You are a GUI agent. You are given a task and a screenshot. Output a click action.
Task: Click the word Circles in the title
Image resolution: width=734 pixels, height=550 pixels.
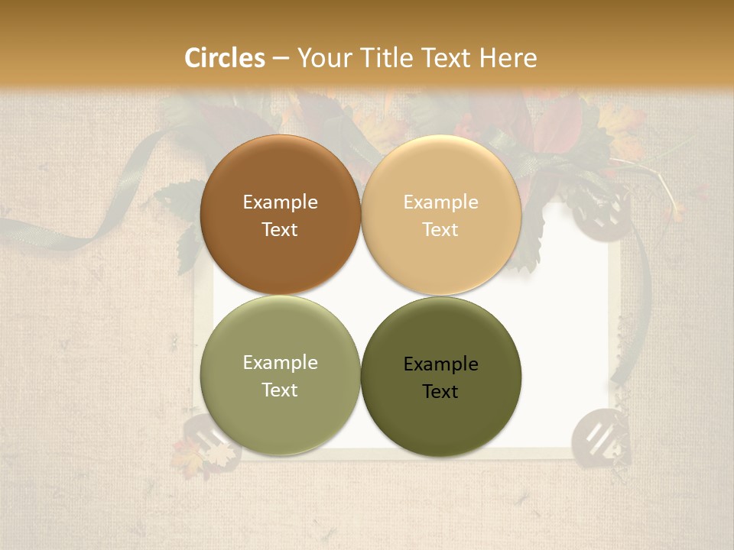[x=224, y=57]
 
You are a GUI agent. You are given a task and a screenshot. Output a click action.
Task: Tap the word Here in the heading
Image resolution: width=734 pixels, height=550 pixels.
[x=508, y=57]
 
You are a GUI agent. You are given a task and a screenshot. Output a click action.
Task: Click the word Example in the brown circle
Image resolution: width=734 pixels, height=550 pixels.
[x=280, y=202]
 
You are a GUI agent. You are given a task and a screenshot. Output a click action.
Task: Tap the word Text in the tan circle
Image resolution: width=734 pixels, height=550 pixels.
[x=440, y=229]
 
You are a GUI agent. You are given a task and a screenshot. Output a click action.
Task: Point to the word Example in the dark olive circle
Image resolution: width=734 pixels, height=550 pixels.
[x=440, y=364]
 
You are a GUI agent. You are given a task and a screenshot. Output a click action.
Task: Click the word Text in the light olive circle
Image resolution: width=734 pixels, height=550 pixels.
[x=280, y=390]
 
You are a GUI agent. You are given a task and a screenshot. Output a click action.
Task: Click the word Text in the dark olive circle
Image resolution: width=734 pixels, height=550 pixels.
[x=440, y=391]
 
